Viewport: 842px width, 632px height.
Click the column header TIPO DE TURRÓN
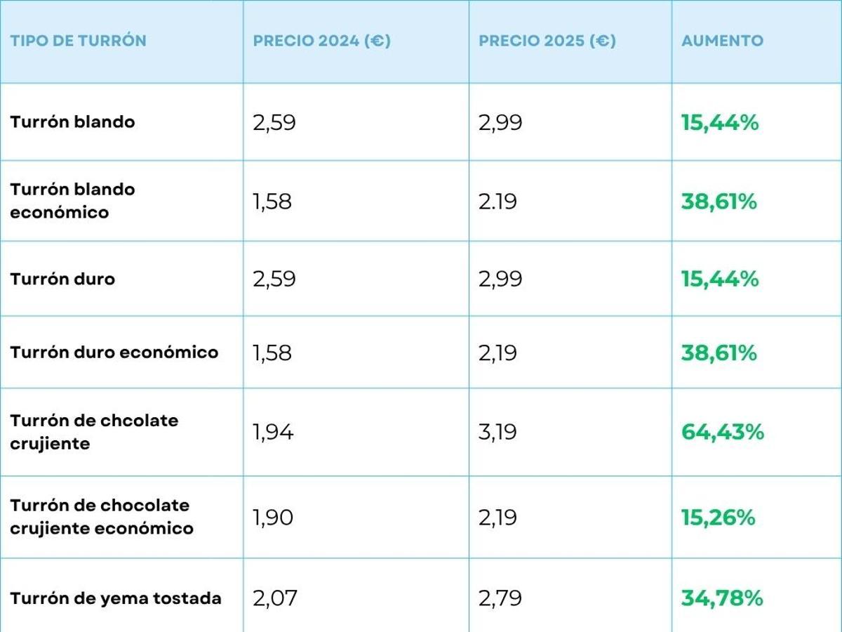[78, 41]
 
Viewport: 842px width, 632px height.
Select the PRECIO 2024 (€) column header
[321, 41]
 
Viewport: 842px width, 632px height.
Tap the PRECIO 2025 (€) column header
[547, 41]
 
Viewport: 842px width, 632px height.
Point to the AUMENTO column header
[722, 41]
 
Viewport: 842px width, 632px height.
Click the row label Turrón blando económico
[72, 201]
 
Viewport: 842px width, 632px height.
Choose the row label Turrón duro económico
[114, 352]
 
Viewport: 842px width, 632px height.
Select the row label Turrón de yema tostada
[115, 598]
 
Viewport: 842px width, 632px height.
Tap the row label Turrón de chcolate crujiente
[94, 432]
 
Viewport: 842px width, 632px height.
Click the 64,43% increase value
[722, 432]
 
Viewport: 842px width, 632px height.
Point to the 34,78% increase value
[721, 598]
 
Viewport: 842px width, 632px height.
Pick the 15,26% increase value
[718, 518]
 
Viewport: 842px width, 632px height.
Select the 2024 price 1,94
[273, 432]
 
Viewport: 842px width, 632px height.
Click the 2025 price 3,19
[497, 432]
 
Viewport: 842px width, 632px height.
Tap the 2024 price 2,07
[275, 598]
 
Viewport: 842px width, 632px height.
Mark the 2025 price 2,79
[500, 598]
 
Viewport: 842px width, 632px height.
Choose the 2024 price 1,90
[273, 518]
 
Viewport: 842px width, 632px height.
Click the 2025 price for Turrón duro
[500, 279]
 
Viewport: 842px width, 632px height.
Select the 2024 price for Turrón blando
[274, 123]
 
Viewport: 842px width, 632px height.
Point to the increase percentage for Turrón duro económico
[719, 352]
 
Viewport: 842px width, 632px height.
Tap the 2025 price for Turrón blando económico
[497, 202]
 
